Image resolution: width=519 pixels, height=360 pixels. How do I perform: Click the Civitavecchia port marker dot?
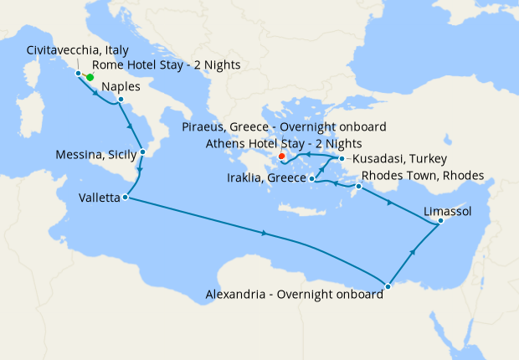click(x=79, y=74)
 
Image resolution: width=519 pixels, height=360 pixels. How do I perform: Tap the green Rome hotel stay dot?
click(x=90, y=77)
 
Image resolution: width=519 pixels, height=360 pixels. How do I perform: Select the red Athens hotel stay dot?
click(x=282, y=156)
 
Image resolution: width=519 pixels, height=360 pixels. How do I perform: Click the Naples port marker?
click(x=121, y=100)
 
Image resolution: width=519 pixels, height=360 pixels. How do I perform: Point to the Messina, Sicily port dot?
click(x=143, y=152)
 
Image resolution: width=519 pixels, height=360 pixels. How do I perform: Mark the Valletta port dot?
click(x=125, y=198)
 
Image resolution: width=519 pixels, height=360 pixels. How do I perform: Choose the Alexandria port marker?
click(x=388, y=286)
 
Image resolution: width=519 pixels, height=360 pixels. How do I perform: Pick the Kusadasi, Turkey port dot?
click(x=342, y=158)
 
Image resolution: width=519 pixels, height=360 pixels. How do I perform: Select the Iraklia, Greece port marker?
click(x=311, y=178)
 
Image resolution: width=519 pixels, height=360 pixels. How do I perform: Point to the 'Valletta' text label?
click(x=99, y=198)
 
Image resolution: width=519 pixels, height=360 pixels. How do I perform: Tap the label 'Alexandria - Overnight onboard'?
click(x=294, y=294)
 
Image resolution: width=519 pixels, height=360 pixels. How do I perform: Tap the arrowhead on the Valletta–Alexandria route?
click(x=265, y=234)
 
